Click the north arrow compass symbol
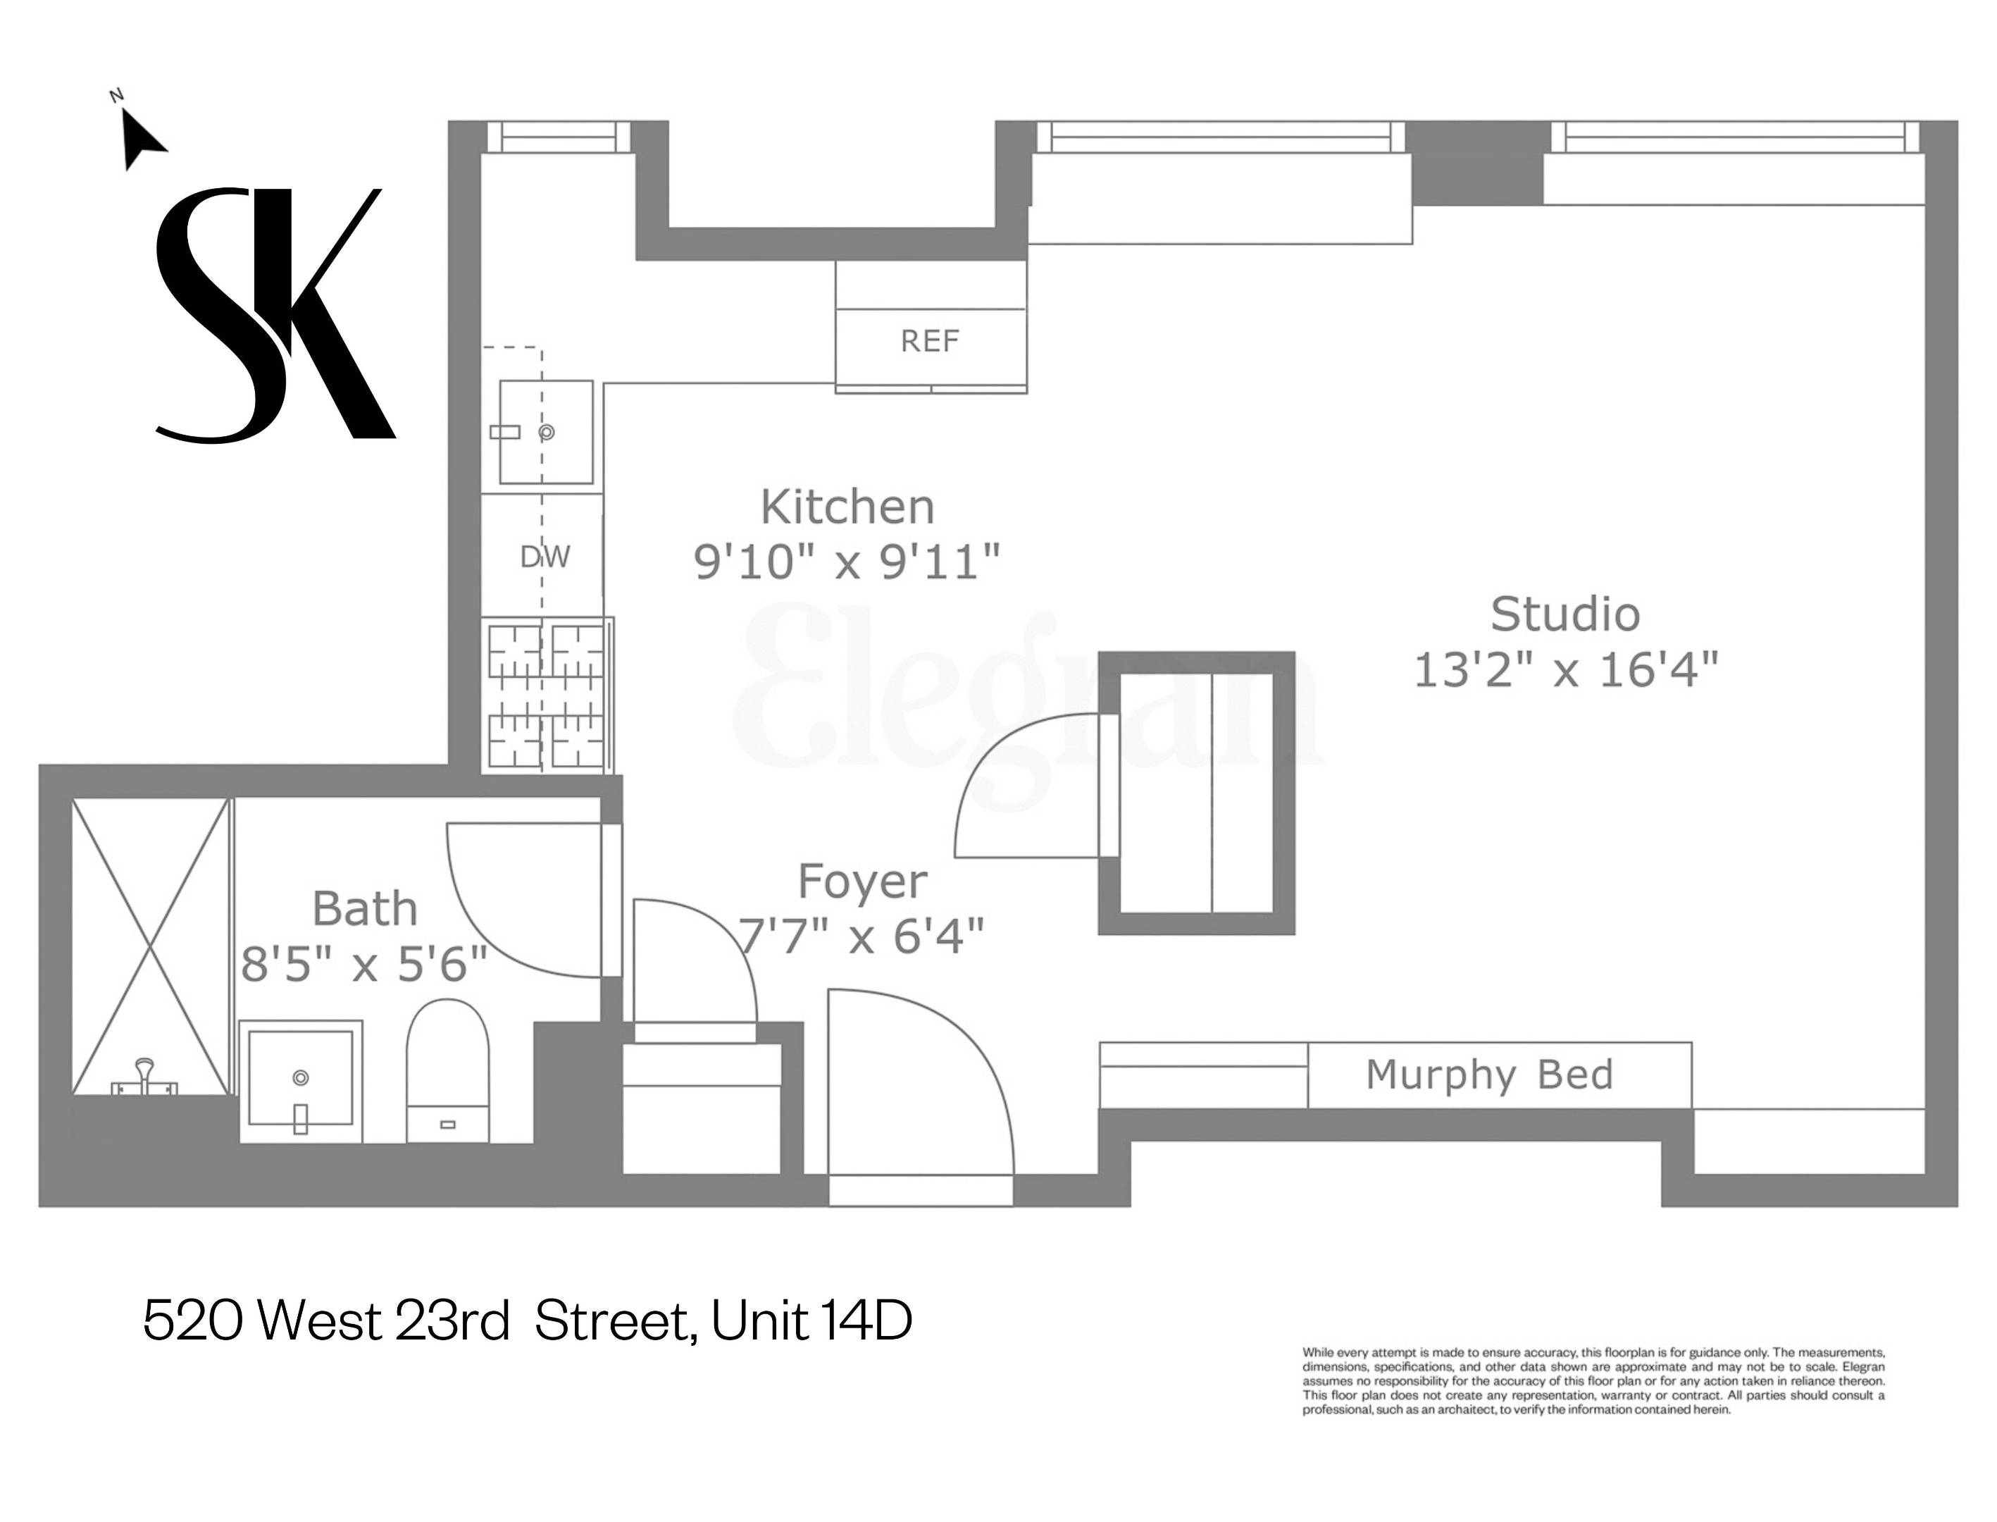tap(140, 137)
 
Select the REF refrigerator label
tap(929, 342)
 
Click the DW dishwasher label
tap(545, 556)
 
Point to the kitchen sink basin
tap(546, 432)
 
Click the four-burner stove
tap(546, 695)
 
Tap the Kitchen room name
tap(847, 507)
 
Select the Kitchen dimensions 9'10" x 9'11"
tap(847, 562)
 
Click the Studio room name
tap(1565, 615)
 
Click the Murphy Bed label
tap(1489, 1075)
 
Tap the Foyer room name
tap(862, 881)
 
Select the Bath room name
tap(365, 909)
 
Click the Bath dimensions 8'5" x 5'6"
tap(364, 964)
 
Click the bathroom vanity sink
tap(301, 1081)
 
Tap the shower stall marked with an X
tap(150, 947)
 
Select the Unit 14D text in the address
tap(811, 1322)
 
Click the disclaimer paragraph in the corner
tap(1593, 1382)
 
